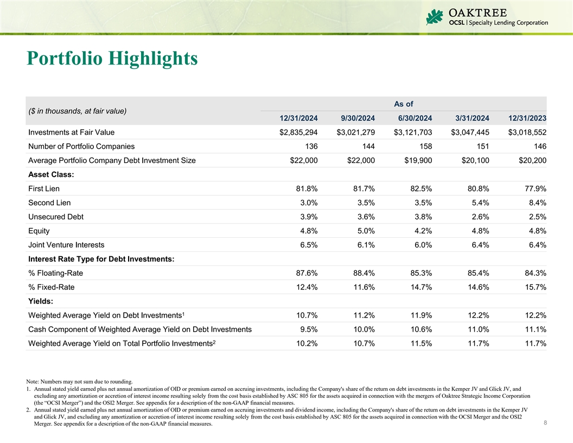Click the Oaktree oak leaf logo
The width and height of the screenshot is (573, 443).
coord(435,17)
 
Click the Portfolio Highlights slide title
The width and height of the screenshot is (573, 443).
coord(112,59)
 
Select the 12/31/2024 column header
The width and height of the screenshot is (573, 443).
coord(298,118)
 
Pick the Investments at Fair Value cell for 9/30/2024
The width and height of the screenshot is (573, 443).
coord(355,132)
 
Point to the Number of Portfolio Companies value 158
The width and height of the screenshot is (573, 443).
coord(424,146)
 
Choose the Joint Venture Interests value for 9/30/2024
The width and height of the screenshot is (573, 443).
coord(364,245)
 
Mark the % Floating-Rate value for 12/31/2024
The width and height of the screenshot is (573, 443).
coord(304,273)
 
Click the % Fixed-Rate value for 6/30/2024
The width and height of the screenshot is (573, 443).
coord(418,287)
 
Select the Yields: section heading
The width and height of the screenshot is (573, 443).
coord(41,301)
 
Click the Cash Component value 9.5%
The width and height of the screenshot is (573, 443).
coord(307,329)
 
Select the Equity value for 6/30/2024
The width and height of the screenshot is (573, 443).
coord(421,231)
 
